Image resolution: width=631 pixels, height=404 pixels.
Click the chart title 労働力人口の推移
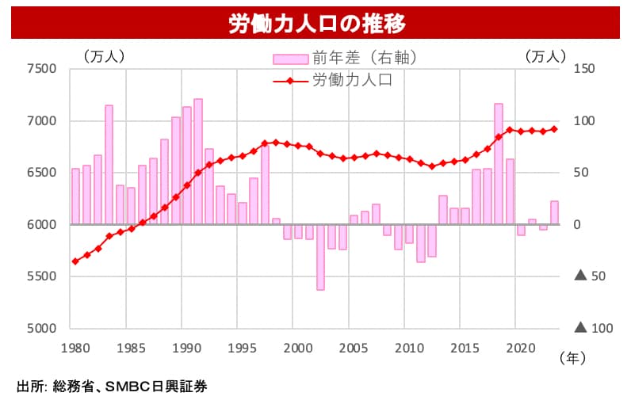[x=316, y=24]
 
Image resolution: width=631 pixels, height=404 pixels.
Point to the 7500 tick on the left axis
[x=41, y=69]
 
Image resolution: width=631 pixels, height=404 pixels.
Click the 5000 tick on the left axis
[x=41, y=328]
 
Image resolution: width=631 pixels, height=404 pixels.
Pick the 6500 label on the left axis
[x=41, y=173]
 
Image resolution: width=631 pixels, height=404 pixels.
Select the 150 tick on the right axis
[x=583, y=69]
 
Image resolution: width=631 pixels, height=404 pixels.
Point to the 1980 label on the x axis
[x=75, y=347]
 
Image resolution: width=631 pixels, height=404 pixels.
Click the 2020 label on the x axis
[x=520, y=347]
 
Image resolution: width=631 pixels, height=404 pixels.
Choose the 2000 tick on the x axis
[x=297, y=347]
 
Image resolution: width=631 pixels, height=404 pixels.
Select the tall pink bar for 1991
[x=198, y=162]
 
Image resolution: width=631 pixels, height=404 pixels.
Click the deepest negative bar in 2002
[x=320, y=257]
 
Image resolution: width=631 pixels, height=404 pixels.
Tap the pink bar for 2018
[x=499, y=164]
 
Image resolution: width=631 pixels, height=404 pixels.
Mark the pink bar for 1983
[x=109, y=165]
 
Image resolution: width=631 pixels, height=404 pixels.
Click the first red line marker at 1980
[x=75, y=261]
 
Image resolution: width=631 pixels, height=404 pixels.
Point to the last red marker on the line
[x=554, y=129]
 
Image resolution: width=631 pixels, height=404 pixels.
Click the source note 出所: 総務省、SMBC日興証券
[x=112, y=387]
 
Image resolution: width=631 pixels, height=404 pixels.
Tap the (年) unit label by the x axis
[x=572, y=358]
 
